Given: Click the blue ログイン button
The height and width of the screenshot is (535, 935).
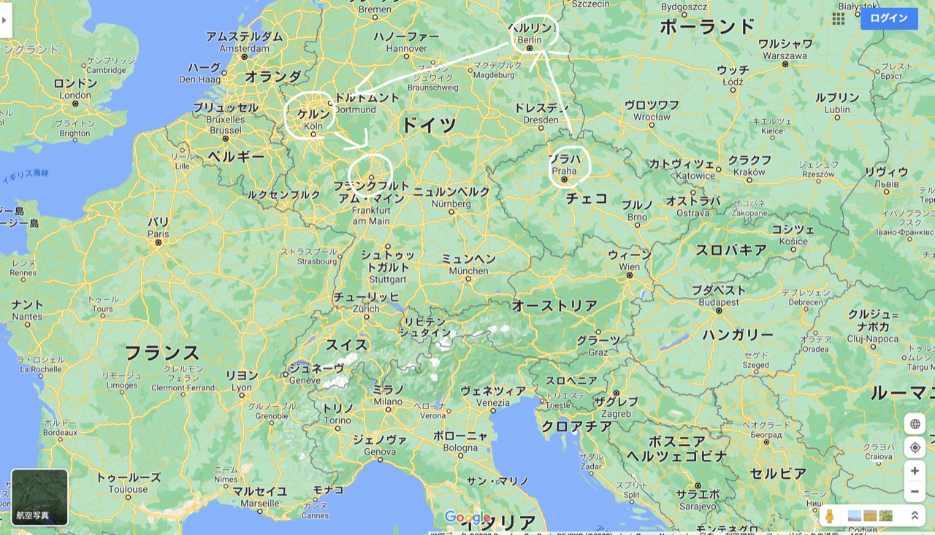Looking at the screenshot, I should coord(888,18).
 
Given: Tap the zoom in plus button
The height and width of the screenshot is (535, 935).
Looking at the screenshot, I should coord(915,471).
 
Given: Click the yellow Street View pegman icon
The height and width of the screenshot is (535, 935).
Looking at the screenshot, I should coord(829,516).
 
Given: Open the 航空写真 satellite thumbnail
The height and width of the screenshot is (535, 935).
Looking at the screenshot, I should coord(39,496).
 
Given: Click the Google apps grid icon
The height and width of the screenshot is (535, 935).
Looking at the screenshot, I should coord(839,19).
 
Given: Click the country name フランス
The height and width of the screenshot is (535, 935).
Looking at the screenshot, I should coord(161,353).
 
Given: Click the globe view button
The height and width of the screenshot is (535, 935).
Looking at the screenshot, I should coord(915,424).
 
